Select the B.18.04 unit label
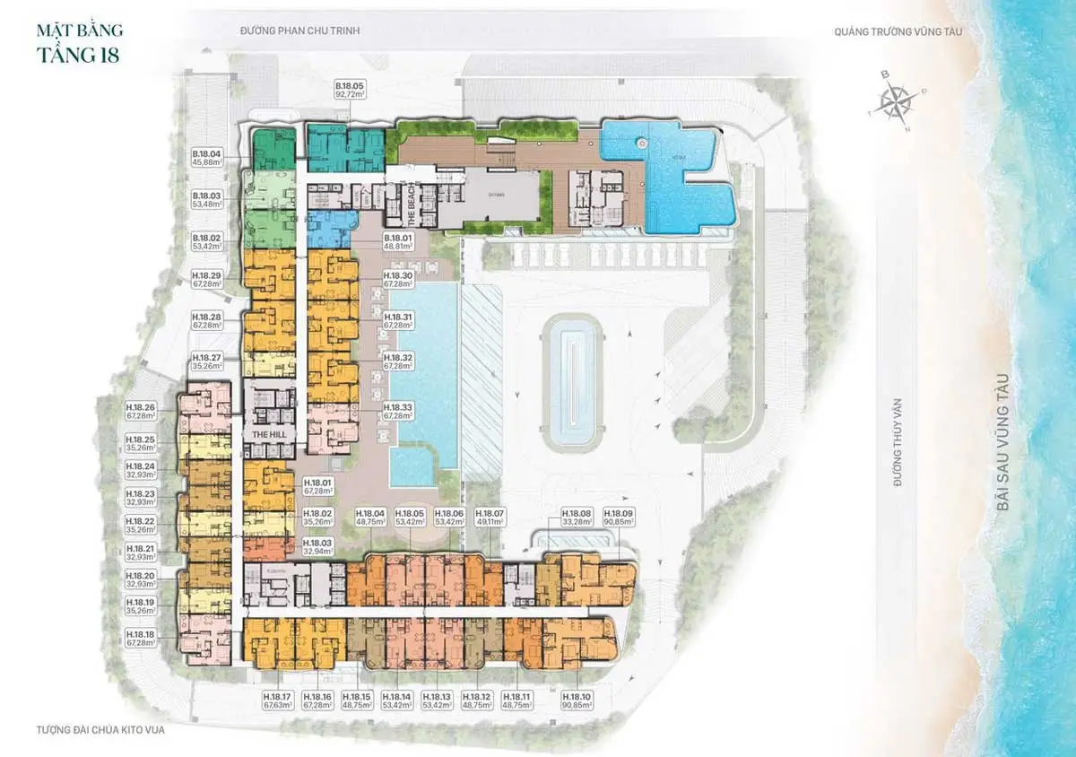(x=206, y=158)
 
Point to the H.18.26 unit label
(x=142, y=411)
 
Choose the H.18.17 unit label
(x=279, y=700)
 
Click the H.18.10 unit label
(x=577, y=700)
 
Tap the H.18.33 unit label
(x=398, y=411)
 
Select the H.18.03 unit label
(x=317, y=547)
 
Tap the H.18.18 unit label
(x=142, y=637)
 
